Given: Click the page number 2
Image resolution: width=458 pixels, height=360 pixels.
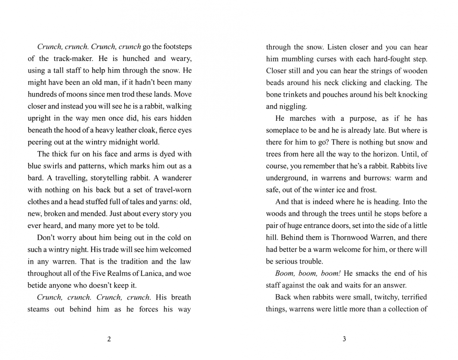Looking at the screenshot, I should point(109,339).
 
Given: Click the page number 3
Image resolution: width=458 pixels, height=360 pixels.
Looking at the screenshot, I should point(344,339).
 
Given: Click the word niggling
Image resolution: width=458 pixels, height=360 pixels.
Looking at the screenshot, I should point(293,107).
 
